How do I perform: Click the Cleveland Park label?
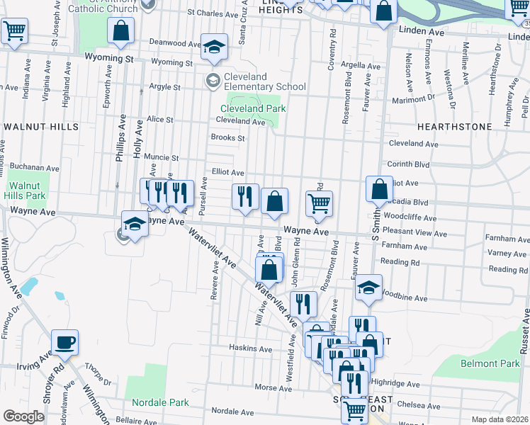(253, 108)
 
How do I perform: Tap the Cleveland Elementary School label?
(266, 81)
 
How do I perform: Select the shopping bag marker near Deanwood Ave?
(121, 30)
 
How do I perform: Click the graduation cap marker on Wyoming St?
(214, 47)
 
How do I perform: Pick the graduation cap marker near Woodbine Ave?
(368, 288)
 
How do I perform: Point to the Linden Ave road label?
(422, 33)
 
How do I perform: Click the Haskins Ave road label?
(250, 348)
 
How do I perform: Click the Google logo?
(23, 416)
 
